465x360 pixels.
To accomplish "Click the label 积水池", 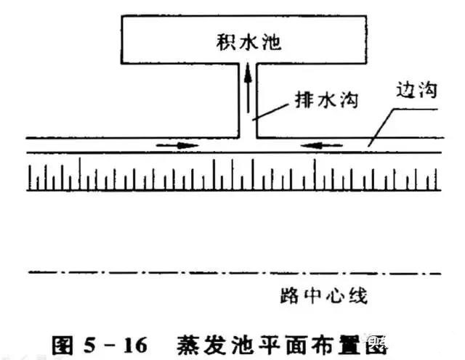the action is pos(248,42).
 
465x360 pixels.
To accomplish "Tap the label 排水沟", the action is pos(326,100).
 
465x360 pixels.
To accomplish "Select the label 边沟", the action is pos(416,89).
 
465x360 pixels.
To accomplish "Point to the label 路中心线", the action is pos(324,295).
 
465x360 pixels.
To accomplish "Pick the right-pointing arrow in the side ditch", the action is pos(177,145).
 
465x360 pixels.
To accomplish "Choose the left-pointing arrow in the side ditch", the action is pos(322,145).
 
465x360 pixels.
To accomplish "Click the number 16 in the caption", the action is pos(135,345).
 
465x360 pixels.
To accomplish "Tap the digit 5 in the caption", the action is pos(89,345).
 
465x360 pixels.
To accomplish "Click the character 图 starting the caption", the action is pos(62,345).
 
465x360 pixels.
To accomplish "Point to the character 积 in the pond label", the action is pos(226,42).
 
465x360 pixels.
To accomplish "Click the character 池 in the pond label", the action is pos(272,42).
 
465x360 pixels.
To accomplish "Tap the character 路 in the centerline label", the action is pos(289,295).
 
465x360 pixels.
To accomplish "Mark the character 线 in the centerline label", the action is pos(358,295).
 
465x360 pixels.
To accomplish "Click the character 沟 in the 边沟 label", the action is pos(427,89).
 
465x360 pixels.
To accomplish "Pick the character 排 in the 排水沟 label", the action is pos(304,100).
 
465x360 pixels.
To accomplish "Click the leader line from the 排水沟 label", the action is pos(270,112).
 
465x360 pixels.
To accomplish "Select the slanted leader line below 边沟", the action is pos(381,128).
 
